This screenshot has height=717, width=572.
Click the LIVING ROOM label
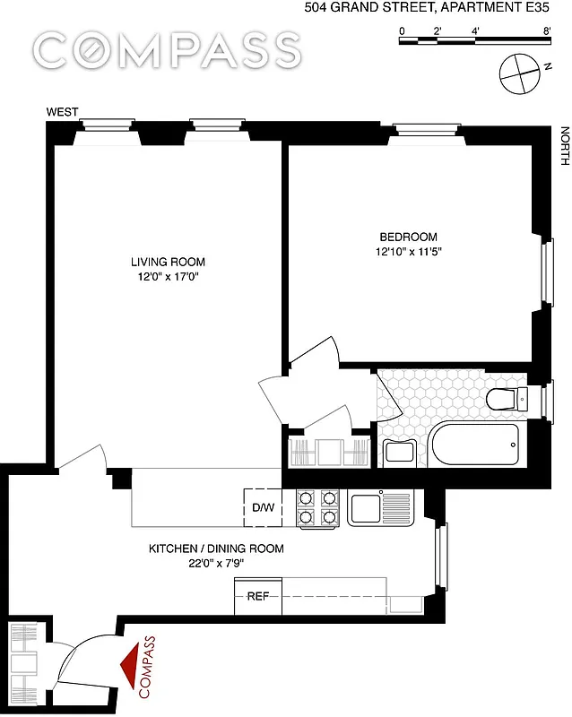click(x=168, y=262)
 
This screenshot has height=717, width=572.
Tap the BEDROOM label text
click(x=409, y=238)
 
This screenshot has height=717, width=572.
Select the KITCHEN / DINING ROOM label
click(x=216, y=549)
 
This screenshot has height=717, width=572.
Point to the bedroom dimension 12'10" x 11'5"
click(x=409, y=253)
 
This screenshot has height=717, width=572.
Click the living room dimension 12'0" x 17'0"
click(x=168, y=277)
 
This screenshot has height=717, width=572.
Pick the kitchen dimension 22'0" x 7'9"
click(x=216, y=564)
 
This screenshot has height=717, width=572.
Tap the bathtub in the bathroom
click(x=474, y=443)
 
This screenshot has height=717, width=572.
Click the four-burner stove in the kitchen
click(x=317, y=507)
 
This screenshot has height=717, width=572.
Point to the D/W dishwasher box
click(x=263, y=508)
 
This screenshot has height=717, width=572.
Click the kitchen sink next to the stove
click(x=369, y=508)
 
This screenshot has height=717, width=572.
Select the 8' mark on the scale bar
click(x=546, y=31)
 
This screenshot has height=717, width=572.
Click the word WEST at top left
click(x=63, y=112)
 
